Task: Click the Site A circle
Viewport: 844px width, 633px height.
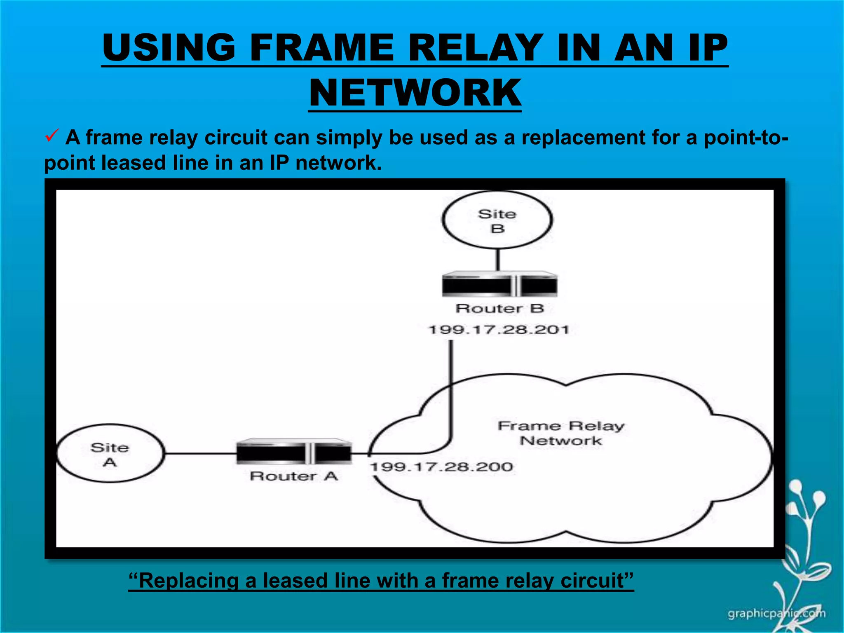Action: click(x=110, y=453)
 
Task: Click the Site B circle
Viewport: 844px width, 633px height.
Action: click(x=497, y=220)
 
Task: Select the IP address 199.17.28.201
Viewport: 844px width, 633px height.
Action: click(x=499, y=330)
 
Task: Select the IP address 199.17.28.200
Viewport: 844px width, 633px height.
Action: click(x=441, y=467)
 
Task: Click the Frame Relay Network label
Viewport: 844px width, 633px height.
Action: click(x=561, y=433)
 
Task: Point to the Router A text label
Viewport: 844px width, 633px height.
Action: click(x=294, y=476)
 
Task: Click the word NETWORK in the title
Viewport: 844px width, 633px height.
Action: click(x=415, y=93)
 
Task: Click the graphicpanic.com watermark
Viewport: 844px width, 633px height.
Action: click(x=776, y=614)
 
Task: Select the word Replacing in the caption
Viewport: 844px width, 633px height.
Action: click(x=188, y=581)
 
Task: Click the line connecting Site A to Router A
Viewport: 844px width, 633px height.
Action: click(x=200, y=454)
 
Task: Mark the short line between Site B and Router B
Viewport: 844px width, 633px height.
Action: click(x=498, y=260)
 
